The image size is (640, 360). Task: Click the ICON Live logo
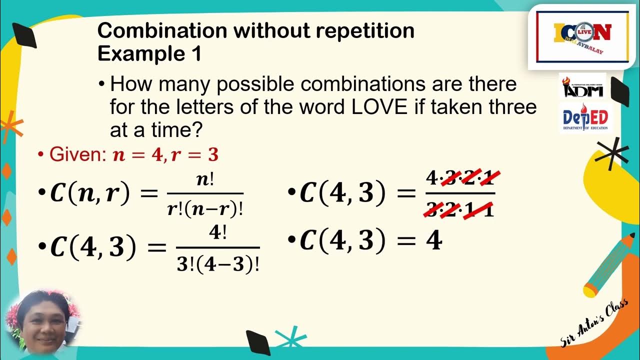582,36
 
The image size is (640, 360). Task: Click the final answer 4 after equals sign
433,241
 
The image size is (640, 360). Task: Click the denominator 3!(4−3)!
218,263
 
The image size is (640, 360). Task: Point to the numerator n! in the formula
205,180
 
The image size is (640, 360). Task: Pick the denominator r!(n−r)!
205,208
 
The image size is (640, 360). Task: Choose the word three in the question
510,107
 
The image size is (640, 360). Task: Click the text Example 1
149,53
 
